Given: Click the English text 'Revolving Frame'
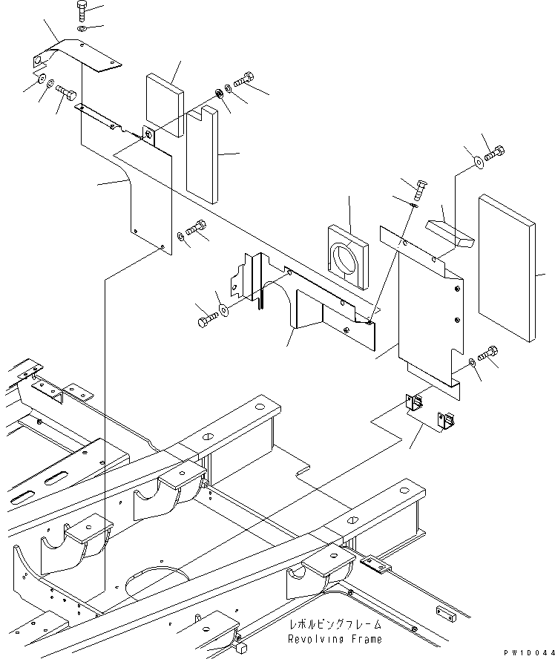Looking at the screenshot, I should click(x=335, y=639).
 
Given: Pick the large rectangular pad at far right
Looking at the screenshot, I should click(x=507, y=269).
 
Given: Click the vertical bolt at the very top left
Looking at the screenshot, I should click(x=82, y=13).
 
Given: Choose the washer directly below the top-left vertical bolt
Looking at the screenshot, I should click(x=82, y=29).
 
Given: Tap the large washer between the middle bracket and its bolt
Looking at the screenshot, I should click(x=223, y=308).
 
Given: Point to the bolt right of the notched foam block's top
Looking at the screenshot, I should click(x=245, y=77).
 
